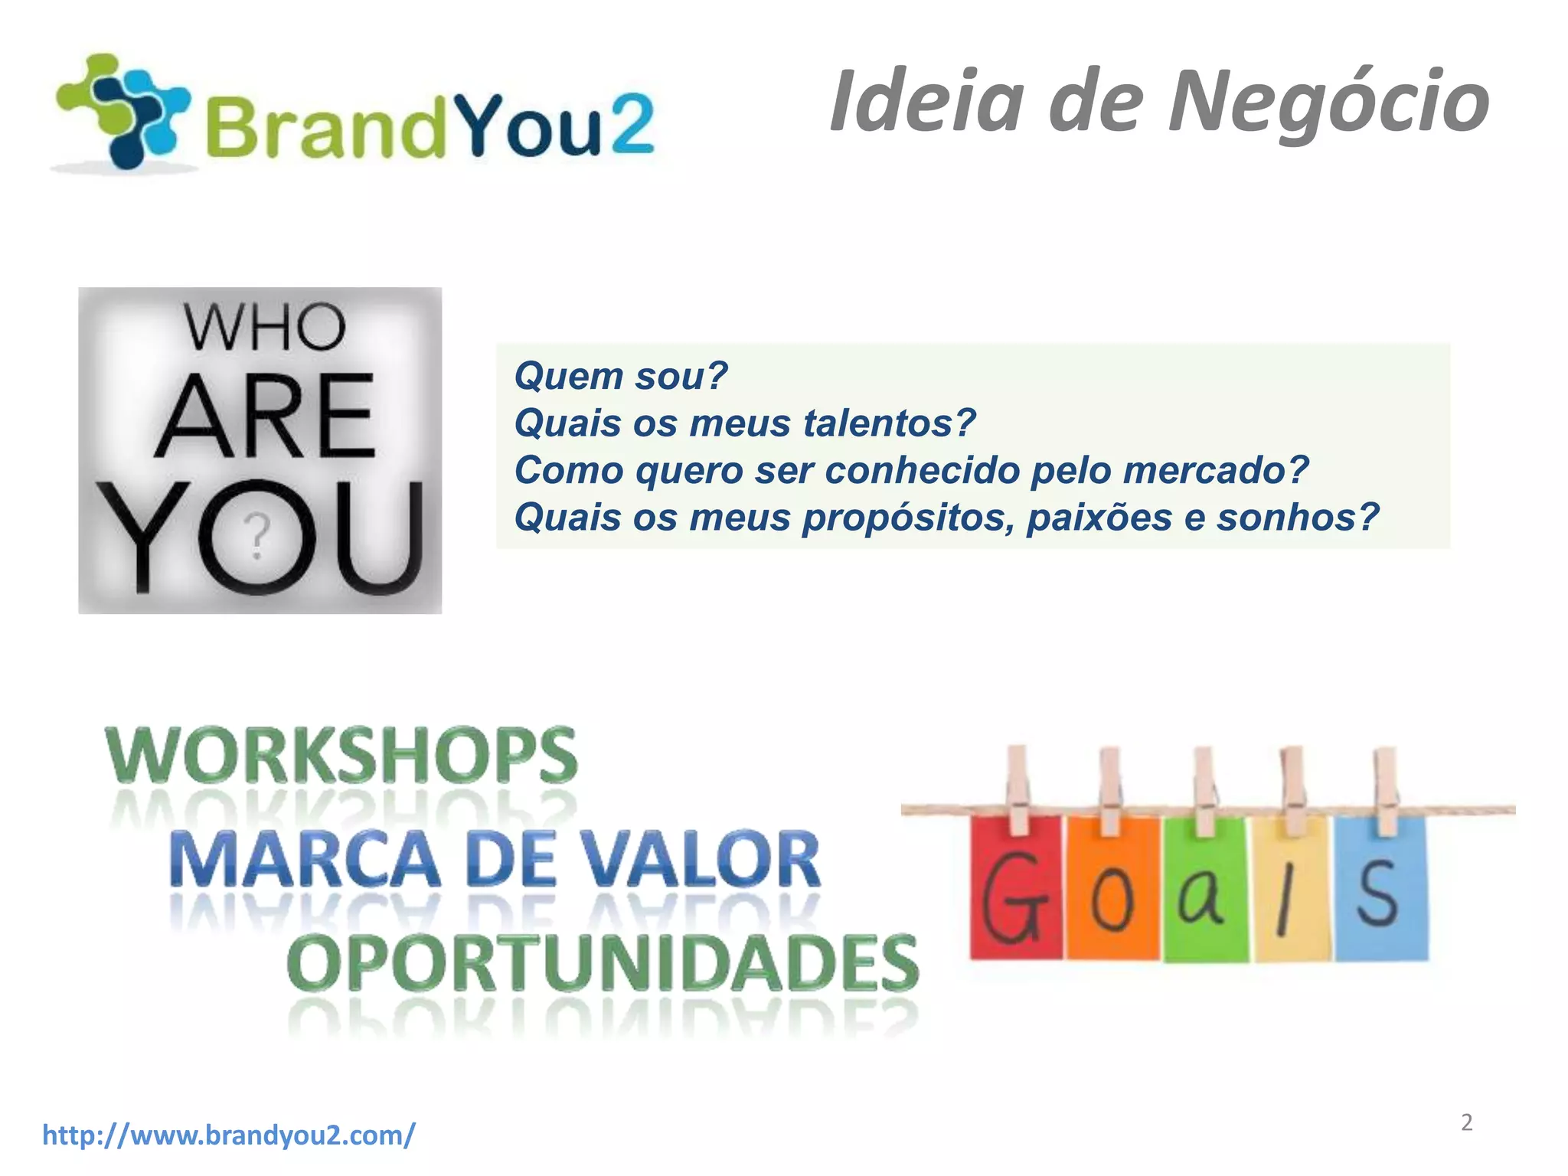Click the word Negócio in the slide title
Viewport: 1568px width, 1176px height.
point(1328,101)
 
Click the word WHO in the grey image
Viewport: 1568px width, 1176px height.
point(264,328)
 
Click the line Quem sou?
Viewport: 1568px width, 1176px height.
point(620,376)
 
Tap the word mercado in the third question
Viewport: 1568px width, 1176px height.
point(1215,470)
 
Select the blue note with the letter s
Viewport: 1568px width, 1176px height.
point(1380,888)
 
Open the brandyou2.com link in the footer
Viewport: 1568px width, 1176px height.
point(229,1134)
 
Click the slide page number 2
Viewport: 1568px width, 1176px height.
point(1466,1122)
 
